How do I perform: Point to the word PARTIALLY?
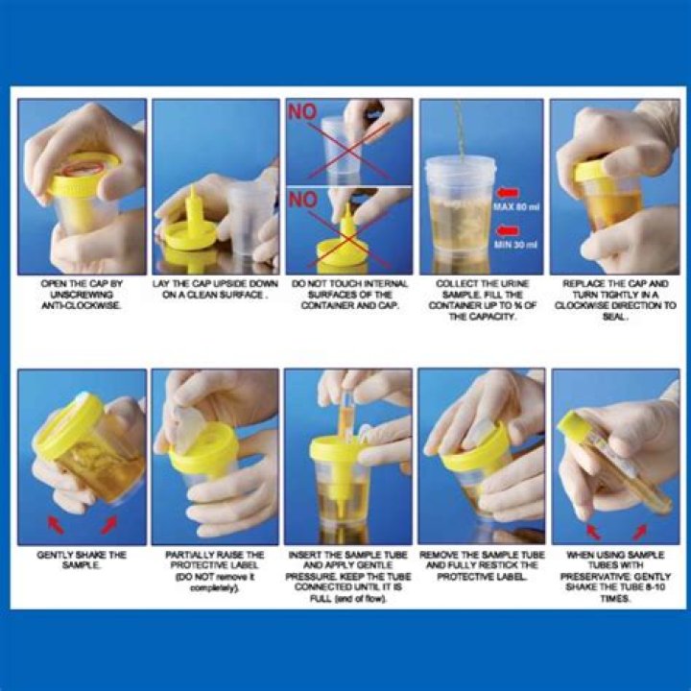pos(186,555)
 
